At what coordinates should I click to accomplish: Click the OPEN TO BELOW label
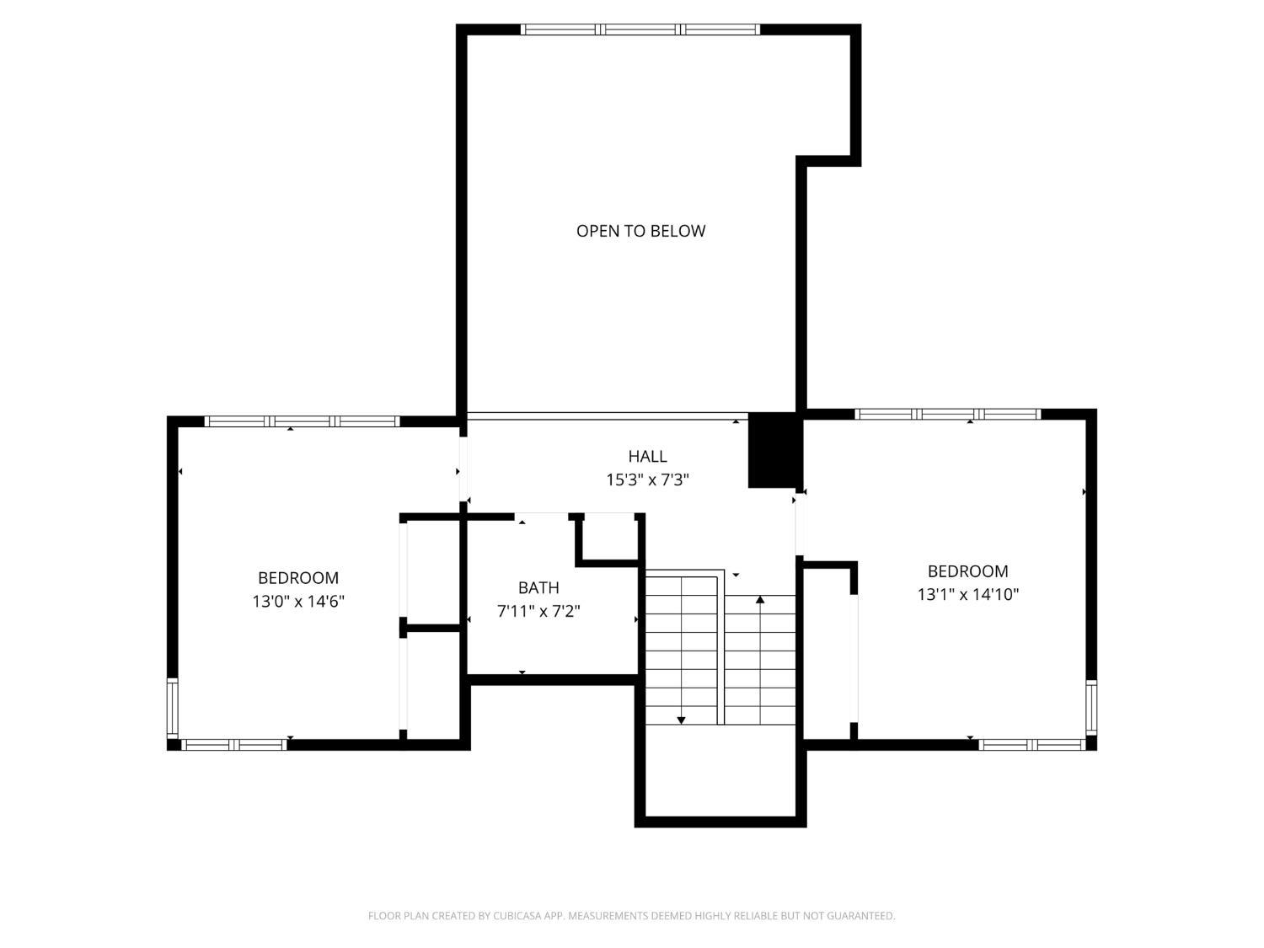640,231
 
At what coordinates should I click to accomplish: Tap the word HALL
647,457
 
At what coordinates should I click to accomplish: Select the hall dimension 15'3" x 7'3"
647,480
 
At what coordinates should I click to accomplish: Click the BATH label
538,588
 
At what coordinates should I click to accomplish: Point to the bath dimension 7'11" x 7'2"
538,611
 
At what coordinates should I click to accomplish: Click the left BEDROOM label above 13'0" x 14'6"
298,578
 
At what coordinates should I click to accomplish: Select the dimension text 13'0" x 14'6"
298,602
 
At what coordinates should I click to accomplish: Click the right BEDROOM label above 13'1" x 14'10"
967,571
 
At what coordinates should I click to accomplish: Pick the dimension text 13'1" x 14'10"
967,594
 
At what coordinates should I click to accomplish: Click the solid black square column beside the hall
773,450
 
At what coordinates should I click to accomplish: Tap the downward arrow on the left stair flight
681,720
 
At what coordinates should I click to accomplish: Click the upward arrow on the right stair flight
760,600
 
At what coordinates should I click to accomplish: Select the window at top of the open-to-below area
640,29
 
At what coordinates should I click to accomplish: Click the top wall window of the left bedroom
303,421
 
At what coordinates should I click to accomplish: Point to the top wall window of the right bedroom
948,414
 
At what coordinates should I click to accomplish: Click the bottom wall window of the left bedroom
234,745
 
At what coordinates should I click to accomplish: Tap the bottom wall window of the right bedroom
1032,745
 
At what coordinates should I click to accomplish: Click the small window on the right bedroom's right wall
1091,706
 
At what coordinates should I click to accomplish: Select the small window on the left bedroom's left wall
173,708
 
